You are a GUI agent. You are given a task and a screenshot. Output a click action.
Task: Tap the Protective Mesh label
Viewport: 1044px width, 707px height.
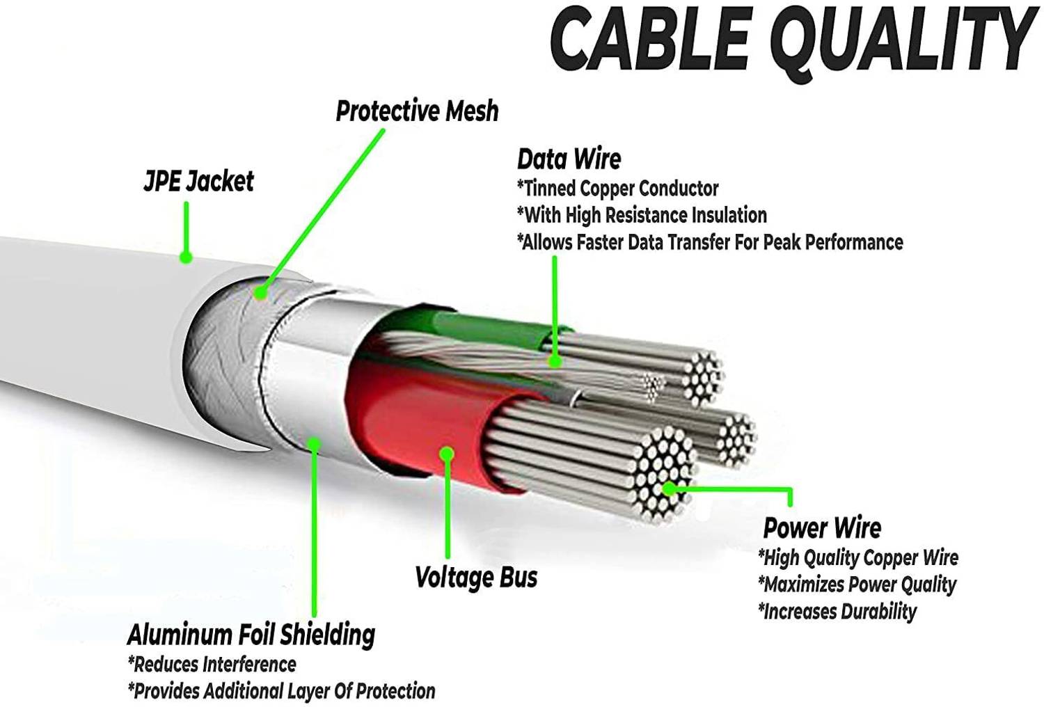pyautogui.click(x=417, y=111)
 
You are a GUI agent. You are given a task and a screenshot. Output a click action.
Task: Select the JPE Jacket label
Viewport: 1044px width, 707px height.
pyautogui.click(x=199, y=181)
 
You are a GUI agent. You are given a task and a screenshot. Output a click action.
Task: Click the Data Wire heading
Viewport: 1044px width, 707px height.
pyautogui.click(x=569, y=159)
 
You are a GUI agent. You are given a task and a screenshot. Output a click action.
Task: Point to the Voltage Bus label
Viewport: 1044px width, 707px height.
pyautogui.click(x=476, y=577)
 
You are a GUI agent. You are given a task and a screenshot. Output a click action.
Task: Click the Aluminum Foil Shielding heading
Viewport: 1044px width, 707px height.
pyautogui.click(x=251, y=635)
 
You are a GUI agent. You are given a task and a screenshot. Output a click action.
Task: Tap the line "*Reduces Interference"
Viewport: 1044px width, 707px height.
pyautogui.click(x=212, y=665)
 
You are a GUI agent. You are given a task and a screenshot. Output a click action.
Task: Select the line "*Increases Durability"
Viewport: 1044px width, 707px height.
pyautogui.click(x=837, y=612)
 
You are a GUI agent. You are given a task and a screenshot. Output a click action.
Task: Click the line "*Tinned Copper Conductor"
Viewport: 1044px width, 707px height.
pyautogui.click(x=618, y=189)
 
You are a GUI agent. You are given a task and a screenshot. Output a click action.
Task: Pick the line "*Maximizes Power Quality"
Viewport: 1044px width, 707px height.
pyautogui.click(x=857, y=585)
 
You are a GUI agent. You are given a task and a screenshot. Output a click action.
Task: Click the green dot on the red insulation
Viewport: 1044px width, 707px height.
pyautogui.click(x=448, y=454)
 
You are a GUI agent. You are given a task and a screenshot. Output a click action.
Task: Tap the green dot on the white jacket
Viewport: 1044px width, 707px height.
pyautogui.click(x=186, y=257)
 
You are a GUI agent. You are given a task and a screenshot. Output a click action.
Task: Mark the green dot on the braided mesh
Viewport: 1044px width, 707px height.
pyautogui.click(x=260, y=293)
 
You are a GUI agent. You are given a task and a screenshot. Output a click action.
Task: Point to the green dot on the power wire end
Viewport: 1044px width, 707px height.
pyautogui.click(x=670, y=489)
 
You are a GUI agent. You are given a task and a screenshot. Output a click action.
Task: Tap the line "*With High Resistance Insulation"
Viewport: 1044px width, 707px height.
pyautogui.click(x=642, y=215)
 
